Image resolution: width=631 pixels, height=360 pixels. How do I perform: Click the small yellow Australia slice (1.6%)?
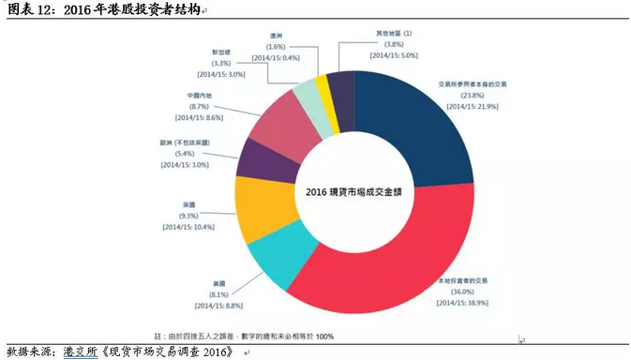click(x=323, y=86)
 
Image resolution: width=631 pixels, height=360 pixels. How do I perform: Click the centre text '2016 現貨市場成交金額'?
click(x=354, y=191)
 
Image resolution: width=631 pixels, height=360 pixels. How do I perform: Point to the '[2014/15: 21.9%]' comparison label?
click(x=472, y=106)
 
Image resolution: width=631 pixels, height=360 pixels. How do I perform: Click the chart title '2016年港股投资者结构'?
click(x=123, y=8)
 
